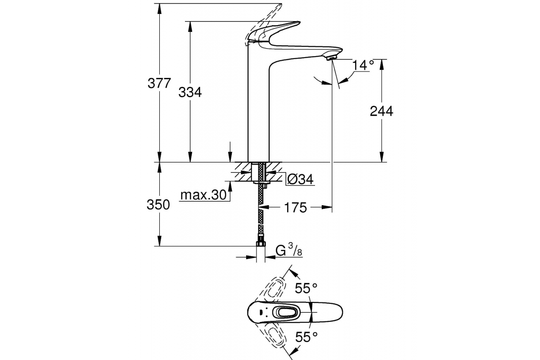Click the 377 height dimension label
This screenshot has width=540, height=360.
coord(159,83)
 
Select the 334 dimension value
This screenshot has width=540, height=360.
coord(190,92)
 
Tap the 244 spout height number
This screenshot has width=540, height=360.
coord(382,111)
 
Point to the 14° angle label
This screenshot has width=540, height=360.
coord(363,65)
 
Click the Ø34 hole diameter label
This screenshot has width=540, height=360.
coord(301,179)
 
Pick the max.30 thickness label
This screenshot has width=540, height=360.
coord(203,195)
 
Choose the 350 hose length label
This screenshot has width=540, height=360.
coord(158,205)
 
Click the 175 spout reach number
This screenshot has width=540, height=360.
coord(296,207)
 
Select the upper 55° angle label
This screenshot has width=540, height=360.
coord(306,288)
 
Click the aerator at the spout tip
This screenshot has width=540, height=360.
coord(331,58)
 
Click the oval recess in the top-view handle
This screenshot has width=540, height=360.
coord(287,313)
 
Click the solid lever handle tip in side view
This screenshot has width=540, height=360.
coord(298,23)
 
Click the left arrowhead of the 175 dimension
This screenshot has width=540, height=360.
coord(263,207)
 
